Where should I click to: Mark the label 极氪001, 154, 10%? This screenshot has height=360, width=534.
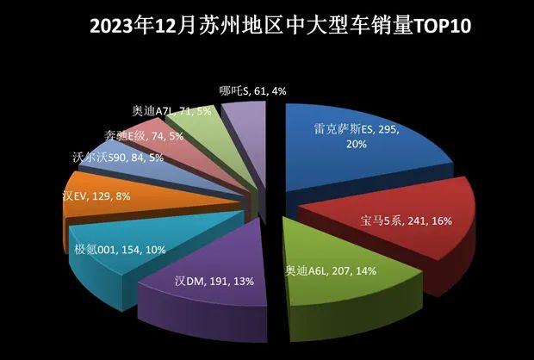[119, 251]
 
